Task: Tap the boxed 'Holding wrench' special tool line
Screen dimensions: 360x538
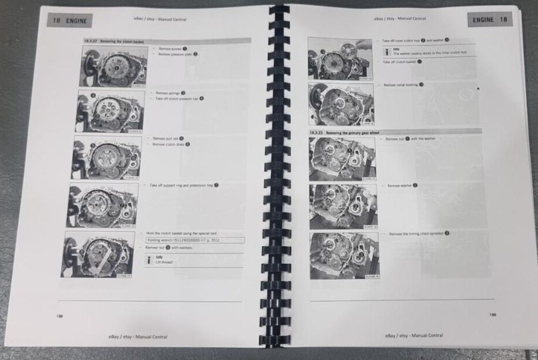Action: pyautogui.click(x=194, y=240)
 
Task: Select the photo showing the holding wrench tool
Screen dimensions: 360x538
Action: pyautogui.click(x=99, y=254)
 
